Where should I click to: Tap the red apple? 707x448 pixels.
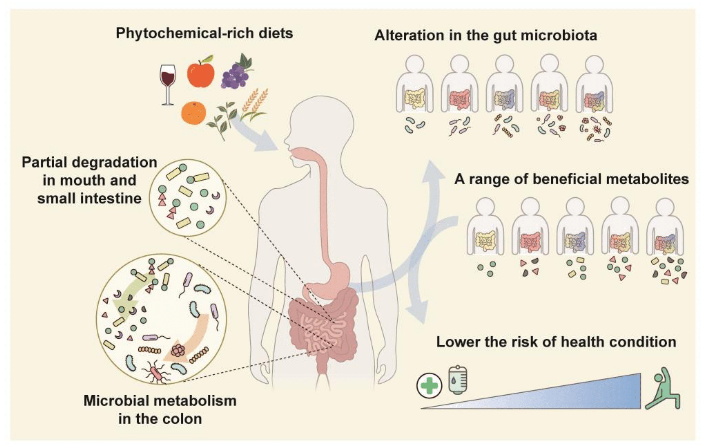[x=201, y=73]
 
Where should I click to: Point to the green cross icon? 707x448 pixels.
[x=429, y=385]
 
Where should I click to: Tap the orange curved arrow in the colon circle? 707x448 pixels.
[x=194, y=338]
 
